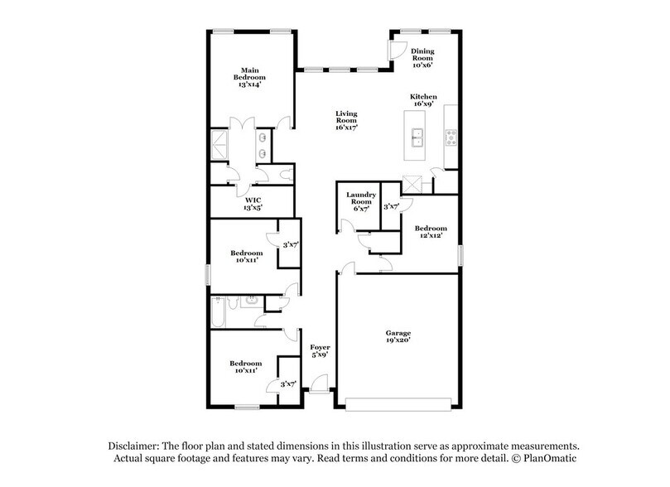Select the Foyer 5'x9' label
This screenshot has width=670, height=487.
pos(320,350)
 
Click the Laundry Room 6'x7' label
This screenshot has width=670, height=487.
pos(361,201)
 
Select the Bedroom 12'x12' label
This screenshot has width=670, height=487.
pos(431,232)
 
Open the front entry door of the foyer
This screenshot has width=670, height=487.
pos(319,388)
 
